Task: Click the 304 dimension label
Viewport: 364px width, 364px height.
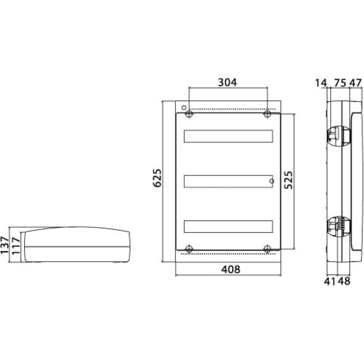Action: [227, 82]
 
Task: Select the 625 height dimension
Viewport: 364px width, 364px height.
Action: [157, 178]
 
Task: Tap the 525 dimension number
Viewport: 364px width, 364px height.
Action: [289, 180]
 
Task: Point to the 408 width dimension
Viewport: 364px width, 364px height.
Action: [231, 269]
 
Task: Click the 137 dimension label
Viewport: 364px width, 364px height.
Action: [5, 245]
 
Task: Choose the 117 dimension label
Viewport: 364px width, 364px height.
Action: [16, 246]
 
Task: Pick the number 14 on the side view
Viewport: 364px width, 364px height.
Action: [321, 83]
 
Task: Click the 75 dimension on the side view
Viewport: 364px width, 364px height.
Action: [340, 83]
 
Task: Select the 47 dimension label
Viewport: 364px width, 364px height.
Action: [356, 83]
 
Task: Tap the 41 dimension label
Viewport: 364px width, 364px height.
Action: [330, 281]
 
